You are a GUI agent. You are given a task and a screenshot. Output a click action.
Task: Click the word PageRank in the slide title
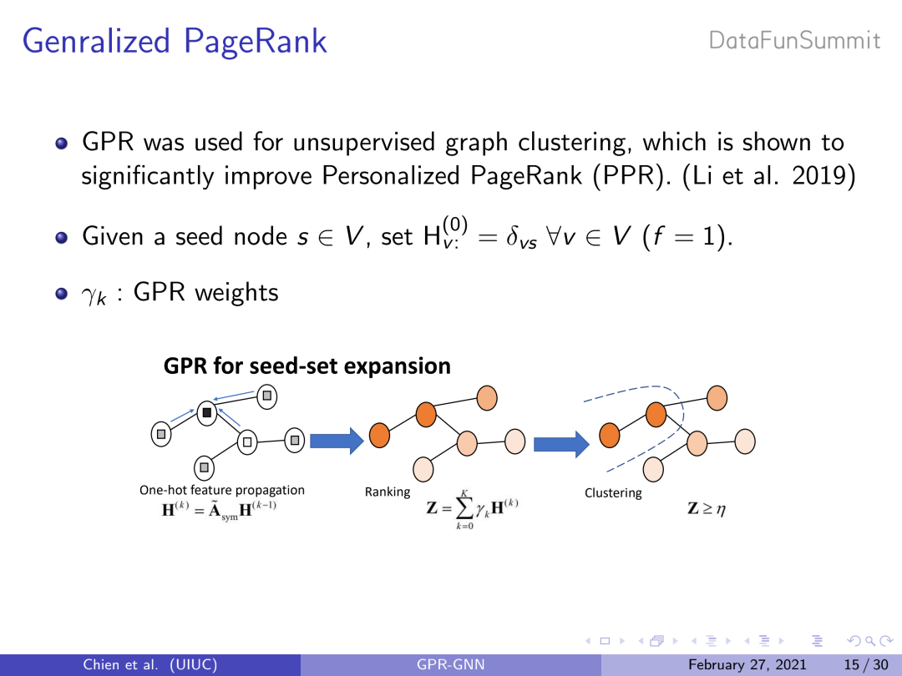256,42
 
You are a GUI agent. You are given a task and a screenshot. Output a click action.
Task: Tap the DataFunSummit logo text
794,41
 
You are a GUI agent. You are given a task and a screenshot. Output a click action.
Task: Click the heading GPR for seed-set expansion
307,366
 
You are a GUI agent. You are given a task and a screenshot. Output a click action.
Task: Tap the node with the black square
207,413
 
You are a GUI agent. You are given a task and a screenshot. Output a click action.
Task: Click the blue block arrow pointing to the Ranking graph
337,441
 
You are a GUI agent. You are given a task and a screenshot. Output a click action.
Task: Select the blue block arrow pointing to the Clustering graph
561,444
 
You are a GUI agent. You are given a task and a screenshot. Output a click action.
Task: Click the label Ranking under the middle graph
388,492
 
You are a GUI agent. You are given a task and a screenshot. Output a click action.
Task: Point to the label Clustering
613,493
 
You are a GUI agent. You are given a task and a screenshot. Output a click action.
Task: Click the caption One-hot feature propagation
222,491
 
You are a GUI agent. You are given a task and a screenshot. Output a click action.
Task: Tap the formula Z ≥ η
707,509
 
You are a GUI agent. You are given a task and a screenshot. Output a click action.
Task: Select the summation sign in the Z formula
465,507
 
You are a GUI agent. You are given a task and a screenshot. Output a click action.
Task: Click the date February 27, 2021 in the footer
747,665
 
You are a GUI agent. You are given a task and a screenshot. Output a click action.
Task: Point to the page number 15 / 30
866,665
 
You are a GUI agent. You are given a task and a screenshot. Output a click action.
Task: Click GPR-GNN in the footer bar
451,665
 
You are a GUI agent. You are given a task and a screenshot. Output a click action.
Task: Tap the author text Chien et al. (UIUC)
150,665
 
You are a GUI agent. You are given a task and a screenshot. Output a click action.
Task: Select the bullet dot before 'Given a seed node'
62,237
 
